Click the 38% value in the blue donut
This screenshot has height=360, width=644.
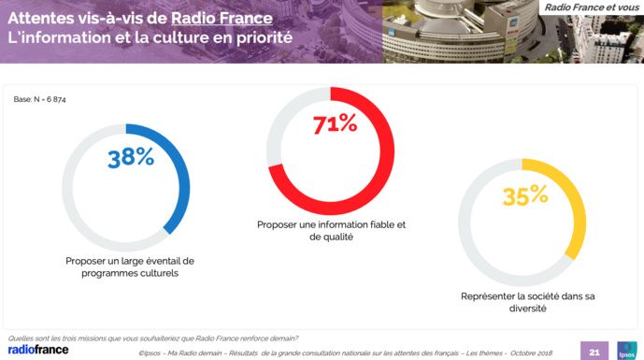coord(131,158)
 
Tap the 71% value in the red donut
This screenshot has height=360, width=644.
coord(335,123)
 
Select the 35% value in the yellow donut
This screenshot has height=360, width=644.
coord(525,195)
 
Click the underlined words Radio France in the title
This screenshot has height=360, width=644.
coord(222,19)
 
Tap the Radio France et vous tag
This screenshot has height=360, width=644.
coord(592,7)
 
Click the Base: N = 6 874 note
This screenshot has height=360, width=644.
coord(40,99)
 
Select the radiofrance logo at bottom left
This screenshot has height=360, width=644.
coord(38,350)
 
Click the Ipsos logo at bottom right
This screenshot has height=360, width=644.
coord(626,351)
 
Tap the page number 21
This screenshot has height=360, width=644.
coord(594,352)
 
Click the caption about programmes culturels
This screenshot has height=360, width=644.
coord(130,267)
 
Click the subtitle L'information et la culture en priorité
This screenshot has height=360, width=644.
coord(150,38)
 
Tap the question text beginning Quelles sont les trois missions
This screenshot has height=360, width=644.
coord(153,338)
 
